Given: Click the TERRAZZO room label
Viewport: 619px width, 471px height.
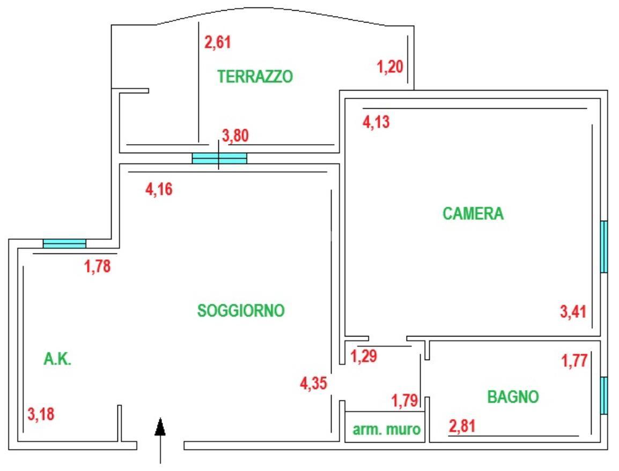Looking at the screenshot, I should [255, 77].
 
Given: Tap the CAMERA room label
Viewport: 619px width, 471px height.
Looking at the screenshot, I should [473, 214].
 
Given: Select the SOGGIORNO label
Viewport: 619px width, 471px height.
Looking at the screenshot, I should [241, 310].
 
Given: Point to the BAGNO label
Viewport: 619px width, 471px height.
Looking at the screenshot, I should [513, 397].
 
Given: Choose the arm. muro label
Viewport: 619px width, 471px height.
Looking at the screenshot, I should [386, 430].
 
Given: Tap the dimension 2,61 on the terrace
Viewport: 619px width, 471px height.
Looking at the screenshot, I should [218, 42].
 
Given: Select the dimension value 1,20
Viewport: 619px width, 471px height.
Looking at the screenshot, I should [390, 68].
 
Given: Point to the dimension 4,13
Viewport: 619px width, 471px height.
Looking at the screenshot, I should [376, 123].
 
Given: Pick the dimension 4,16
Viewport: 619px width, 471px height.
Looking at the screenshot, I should [159, 189].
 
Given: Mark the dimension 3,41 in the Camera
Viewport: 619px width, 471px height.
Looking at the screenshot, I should [573, 311].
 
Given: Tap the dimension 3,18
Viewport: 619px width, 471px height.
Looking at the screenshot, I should [41, 414].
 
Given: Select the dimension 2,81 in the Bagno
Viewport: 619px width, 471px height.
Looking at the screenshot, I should [462, 427].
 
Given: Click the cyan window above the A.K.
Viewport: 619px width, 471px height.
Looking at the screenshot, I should [64, 244].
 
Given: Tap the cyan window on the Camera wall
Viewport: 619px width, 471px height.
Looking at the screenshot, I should [603, 247].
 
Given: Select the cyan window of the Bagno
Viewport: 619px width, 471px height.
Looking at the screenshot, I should [603, 395].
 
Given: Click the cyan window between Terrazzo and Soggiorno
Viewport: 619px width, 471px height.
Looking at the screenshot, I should [219, 158].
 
